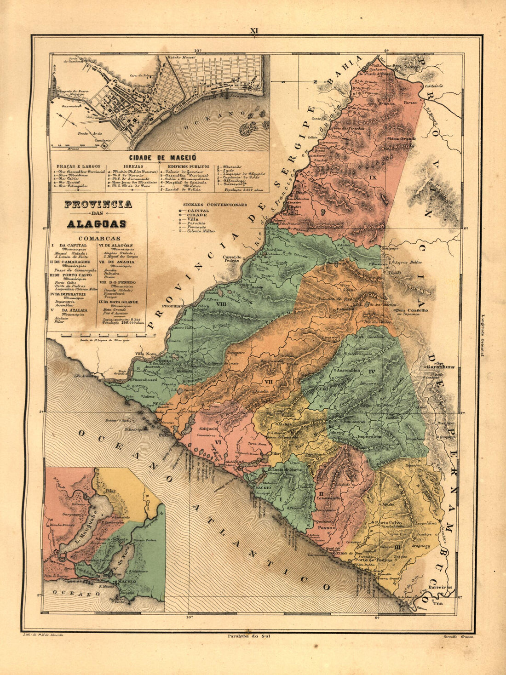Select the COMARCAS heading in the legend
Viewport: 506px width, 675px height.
click(99, 238)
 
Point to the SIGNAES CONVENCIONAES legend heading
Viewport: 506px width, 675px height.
click(215, 205)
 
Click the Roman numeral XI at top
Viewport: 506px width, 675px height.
click(254, 31)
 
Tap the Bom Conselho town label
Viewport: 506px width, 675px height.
click(412, 310)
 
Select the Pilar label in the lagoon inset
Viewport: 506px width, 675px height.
click(110, 491)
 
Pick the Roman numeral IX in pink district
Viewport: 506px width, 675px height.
click(373, 177)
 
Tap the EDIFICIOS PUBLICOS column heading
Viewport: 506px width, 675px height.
click(188, 166)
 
